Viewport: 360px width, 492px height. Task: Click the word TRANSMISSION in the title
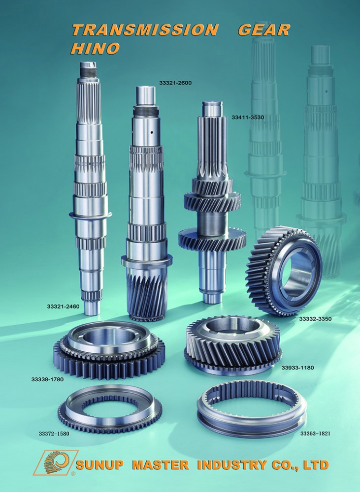145,30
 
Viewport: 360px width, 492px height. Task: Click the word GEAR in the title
264,30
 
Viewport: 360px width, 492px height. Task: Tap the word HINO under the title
95,48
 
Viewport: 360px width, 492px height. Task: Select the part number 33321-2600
175,83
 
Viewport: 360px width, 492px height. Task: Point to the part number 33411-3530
248,118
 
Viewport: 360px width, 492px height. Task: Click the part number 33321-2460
63,306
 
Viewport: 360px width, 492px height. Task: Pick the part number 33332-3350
315,319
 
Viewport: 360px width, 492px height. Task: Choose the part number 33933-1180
297,368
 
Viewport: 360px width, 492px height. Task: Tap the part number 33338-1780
47,379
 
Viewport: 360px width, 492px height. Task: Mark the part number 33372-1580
54,433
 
